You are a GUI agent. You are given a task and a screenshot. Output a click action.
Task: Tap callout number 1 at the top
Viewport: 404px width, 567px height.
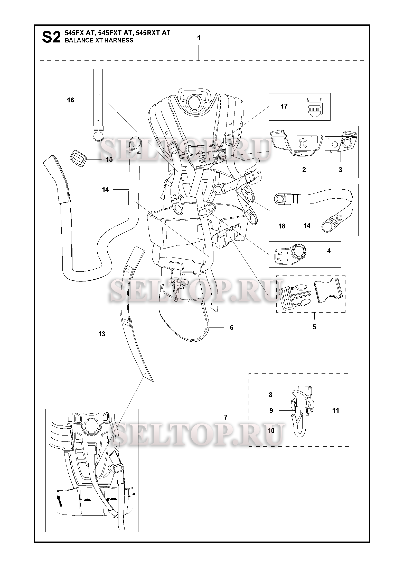tap(199, 38)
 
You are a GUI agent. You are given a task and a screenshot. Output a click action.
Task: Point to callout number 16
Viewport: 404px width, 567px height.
tap(70, 100)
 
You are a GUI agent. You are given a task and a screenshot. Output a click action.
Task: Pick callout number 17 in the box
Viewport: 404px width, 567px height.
tap(284, 106)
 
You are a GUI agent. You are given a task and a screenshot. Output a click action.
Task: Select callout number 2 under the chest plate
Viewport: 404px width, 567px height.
tap(304, 170)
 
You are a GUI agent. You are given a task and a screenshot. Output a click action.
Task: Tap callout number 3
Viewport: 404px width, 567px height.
tap(340, 170)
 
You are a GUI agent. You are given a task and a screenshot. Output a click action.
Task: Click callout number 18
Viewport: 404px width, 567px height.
tap(282, 226)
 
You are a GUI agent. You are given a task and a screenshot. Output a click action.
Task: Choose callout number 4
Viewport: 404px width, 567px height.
tap(329, 251)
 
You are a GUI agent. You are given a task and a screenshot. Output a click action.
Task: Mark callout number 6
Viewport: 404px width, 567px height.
tap(231, 327)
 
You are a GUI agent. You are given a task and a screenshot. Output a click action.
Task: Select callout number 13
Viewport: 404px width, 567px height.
tap(102, 334)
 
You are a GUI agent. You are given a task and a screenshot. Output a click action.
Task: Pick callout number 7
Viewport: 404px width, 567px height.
tap(226, 417)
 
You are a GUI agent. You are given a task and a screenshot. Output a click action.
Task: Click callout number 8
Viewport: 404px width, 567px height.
tap(271, 395)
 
